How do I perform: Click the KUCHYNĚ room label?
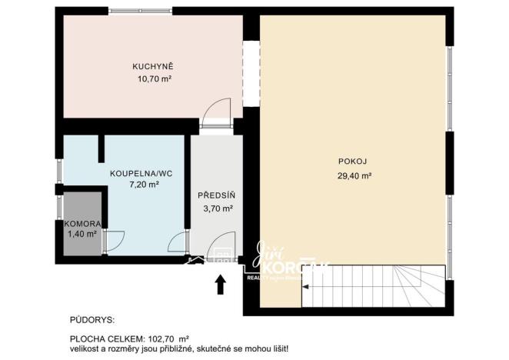pyautogui.click(x=151, y=66)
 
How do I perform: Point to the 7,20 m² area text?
pyautogui.click(x=143, y=185)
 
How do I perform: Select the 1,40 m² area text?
pyautogui.click(x=81, y=234)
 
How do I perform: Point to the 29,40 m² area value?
pyautogui.click(x=354, y=175)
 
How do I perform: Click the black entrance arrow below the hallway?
pyautogui.click(x=221, y=285)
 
